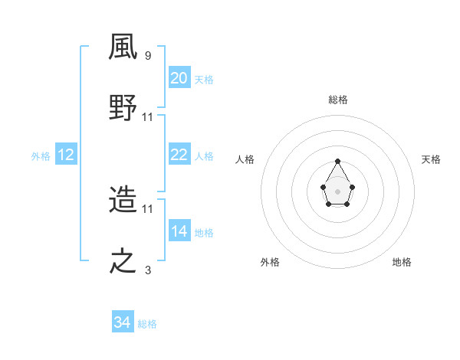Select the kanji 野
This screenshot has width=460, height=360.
click(x=124, y=109)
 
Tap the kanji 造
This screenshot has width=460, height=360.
click(x=124, y=201)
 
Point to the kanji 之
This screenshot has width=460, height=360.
click(x=124, y=261)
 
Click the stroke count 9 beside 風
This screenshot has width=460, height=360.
click(x=147, y=56)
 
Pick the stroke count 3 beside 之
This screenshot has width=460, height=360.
click(x=148, y=270)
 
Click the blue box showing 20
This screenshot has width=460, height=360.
click(x=179, y=77)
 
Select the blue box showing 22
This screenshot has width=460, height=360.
click(x=179, y=155)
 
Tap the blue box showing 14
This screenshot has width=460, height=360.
click(x=179, y=231)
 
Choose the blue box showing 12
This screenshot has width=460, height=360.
click(x=66, y=155)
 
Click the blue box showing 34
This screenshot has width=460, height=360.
click(x=123, y=322)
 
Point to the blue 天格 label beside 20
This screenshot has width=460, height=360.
click(x=204, y=79)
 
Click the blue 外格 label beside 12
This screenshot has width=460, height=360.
click(x=41, y=155)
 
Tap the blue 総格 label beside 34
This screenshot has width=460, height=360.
click(x=147, y=324)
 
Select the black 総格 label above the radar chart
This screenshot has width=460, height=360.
click(x=338, y=100)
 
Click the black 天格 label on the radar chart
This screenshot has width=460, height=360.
click(x=431, y=159)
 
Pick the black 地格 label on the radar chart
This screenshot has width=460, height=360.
click(x=402, y=262)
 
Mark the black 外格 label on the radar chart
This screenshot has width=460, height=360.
click(x=270, y=262)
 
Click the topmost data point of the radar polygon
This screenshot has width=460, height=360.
click(x=338, y=161)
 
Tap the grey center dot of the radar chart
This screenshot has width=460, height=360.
click(x=338, y=191)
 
